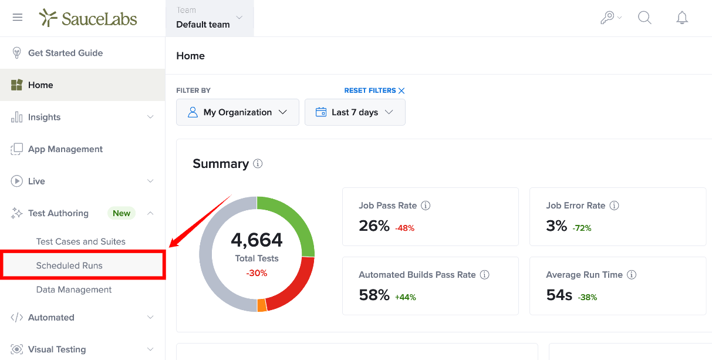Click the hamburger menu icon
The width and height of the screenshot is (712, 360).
(18, 17)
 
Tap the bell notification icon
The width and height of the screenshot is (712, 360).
(682, 18)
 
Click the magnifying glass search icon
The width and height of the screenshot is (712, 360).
(644, 18)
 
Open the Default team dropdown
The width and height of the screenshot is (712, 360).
(210, 18)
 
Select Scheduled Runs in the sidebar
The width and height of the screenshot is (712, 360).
(69, 265)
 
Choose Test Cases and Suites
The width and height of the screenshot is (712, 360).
(81, 241)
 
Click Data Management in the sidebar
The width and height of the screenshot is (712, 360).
(74, 290)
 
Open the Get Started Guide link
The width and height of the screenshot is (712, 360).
(66, 53)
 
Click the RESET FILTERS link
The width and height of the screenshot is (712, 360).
(374, 90)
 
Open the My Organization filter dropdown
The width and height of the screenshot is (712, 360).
(238, 112)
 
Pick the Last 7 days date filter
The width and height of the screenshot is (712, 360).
(355, 112)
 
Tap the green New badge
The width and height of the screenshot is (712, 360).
(122, 213)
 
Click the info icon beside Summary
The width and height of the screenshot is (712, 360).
(258, 163)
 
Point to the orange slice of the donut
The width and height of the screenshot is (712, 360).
(262, 305)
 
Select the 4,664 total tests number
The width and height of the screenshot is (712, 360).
(257, 240)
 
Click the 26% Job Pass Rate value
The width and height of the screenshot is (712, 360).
(374, 226)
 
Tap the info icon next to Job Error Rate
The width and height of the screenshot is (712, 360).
(614, 206)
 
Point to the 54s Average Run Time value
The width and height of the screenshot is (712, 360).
(559, 295)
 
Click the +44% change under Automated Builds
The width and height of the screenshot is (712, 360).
(405, 297)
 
